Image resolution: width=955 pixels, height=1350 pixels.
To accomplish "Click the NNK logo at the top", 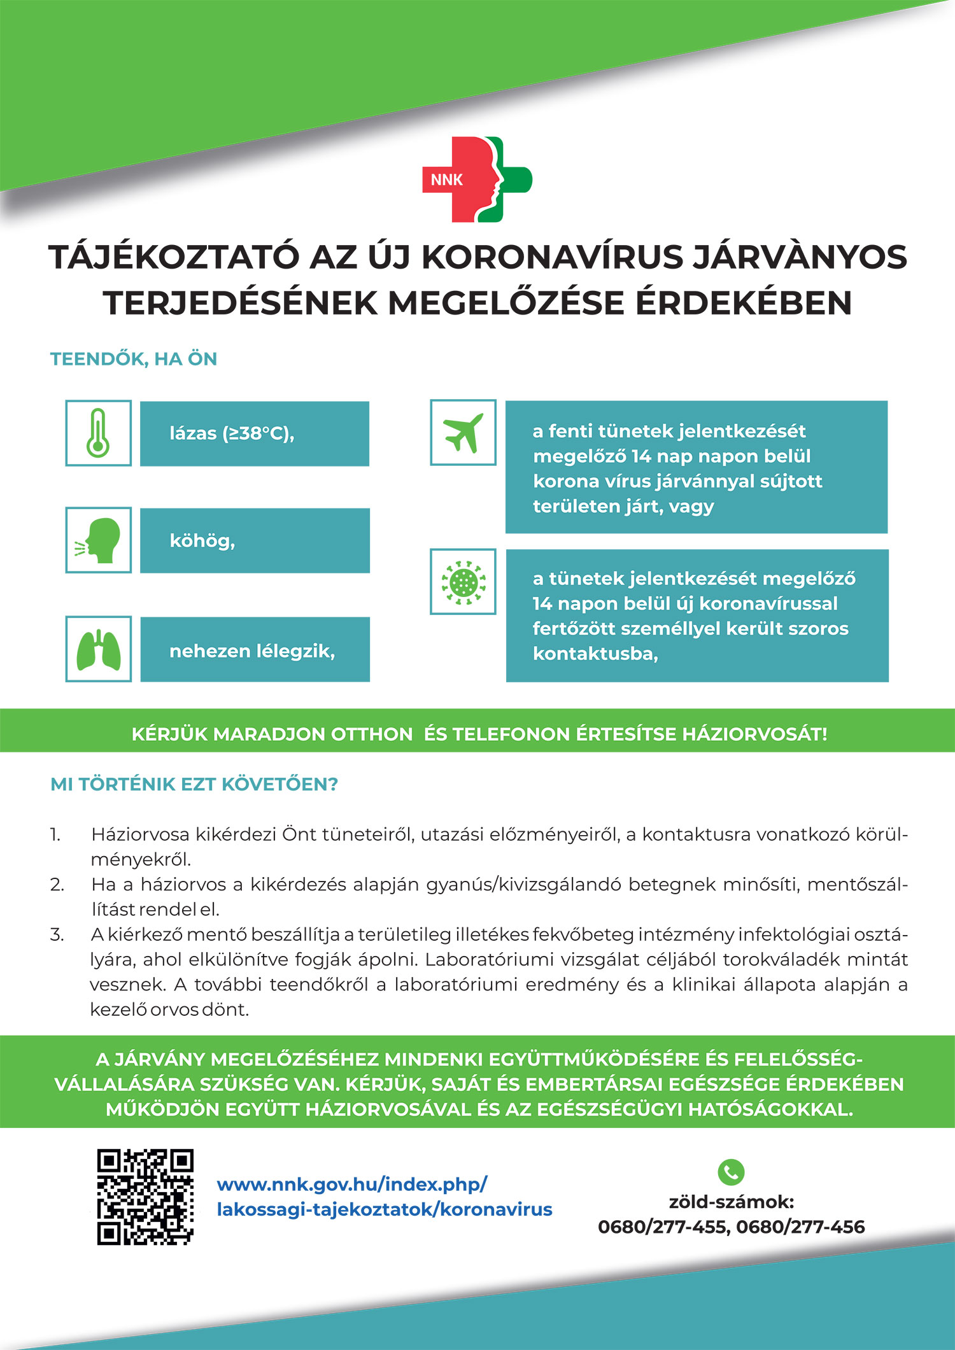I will (478, 179).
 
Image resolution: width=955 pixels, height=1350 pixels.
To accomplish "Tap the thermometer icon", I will (98, 433).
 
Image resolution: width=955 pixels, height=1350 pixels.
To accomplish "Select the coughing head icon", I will (98, 540).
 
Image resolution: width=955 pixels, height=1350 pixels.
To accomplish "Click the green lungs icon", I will (98, 649).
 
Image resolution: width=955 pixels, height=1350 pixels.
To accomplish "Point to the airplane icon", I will (463, 432).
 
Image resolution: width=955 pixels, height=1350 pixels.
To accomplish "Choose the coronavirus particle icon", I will (463, 581).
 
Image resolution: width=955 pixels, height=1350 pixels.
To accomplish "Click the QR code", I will (145, 1197).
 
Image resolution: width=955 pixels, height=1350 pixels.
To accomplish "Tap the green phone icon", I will (730, 1171).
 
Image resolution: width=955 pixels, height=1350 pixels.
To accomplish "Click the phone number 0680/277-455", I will (663, 1227).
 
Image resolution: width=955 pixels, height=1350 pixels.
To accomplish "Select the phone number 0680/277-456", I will (801, 1227).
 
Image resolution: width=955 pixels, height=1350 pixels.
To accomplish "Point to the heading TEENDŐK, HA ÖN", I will (134, 359).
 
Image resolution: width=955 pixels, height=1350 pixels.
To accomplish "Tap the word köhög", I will (202, 540).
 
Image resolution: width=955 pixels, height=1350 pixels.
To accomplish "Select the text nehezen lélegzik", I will (252, 650).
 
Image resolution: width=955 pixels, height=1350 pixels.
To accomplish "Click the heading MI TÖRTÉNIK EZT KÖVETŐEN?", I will (194, 784).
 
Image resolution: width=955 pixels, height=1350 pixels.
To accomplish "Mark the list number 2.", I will (57, 884).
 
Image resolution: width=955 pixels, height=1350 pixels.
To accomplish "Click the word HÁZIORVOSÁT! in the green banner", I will (754, 734).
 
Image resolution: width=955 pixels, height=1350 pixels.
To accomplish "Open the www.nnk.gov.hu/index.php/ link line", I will (352, 1185).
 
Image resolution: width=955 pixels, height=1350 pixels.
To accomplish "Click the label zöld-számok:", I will (731, 1202).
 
